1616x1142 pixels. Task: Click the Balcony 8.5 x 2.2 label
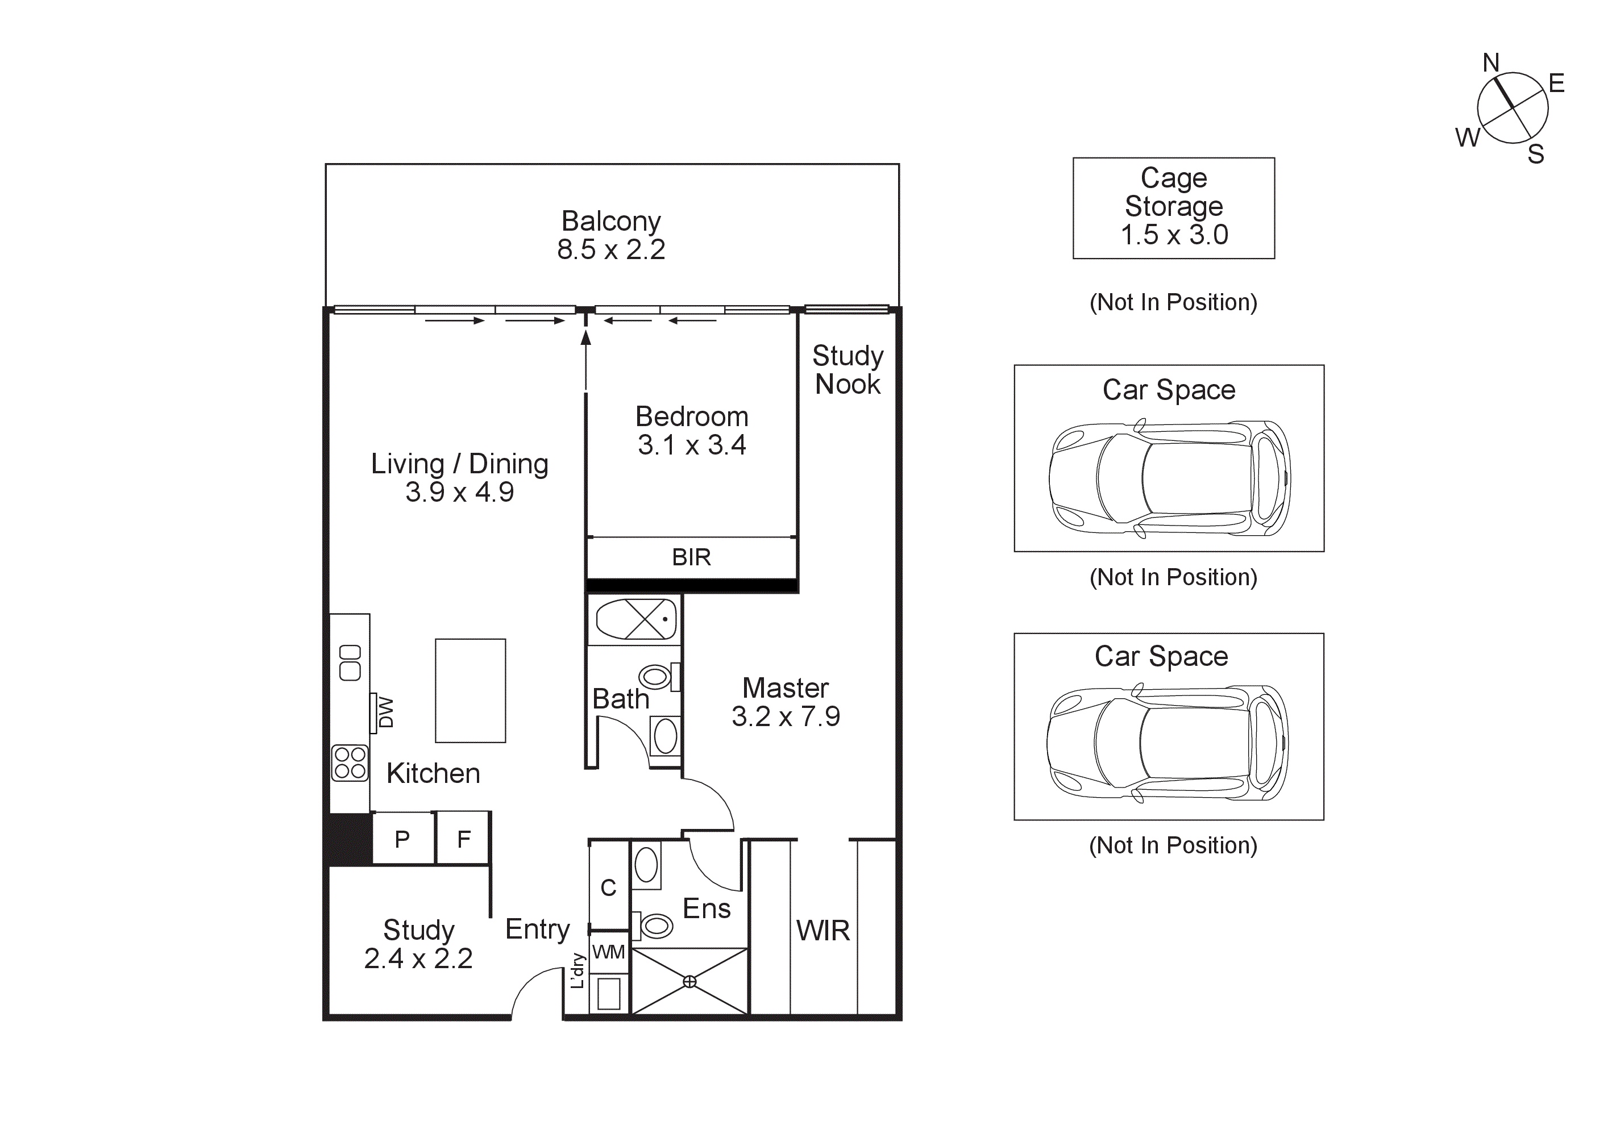pyautogui.click(x=610, y=235)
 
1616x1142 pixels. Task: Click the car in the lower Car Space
pyautogui.click(x=1167, y=743)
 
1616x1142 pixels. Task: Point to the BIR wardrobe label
pyautogui.click(x=691, y=557)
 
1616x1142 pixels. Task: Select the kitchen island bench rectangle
pyautogui.click(x=470, y=690)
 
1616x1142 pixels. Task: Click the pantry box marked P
pyautogui.click(x=402, y=839)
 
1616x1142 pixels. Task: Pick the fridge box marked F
pyautogui.click(x=463, y=839)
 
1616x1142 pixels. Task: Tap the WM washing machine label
pyautogui.click(x=608, y=952)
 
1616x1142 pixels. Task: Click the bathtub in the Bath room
pyautogui.click(x=635, y=619)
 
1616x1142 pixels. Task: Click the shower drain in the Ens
pyautogui.click(x=689, y=982)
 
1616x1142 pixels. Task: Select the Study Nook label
pyautogui.click(x=848, y=370)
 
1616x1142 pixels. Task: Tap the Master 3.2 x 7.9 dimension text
pyautogui.click(x=786, y=716)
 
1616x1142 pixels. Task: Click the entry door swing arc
pyautogui.click(x=529, y=985)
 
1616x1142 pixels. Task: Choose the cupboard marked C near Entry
pyautogui.click(x=608, y=887)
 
